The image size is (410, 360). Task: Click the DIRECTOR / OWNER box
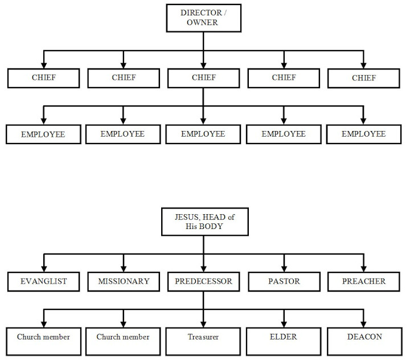203,18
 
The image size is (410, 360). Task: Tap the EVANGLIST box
44,281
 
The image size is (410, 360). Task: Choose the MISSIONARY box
124,281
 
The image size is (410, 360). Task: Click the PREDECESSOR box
203,281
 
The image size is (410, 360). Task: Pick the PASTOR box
284,281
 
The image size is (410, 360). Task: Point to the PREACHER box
364,281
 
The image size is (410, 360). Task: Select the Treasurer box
203,337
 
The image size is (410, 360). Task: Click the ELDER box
284,337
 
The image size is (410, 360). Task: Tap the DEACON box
364,337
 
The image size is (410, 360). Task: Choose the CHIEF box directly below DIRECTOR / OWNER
203,78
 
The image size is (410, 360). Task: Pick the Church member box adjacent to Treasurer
124,337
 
